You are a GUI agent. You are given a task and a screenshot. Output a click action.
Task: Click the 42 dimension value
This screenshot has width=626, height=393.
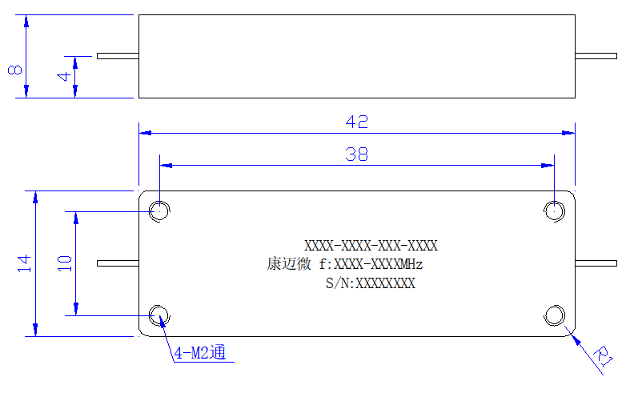tap(356, 122)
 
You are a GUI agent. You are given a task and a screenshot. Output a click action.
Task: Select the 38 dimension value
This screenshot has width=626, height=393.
tap(356, 154)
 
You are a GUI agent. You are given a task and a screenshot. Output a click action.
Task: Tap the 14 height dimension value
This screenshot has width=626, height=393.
tap(24, 263)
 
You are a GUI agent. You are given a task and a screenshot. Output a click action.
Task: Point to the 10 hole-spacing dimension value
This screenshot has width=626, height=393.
tap(65, 263)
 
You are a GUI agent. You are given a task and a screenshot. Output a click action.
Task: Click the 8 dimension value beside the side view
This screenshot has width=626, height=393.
tap(14, 70)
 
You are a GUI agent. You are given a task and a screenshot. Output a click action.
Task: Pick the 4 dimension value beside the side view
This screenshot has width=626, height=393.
tap(64, 76)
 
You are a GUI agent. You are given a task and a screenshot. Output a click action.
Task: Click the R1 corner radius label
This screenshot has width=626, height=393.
tap(603, 356)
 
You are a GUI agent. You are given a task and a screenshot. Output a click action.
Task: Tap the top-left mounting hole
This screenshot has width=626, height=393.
tap(159, 211)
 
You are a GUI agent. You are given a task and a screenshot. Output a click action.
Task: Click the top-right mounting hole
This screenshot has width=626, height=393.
tap(554, 211)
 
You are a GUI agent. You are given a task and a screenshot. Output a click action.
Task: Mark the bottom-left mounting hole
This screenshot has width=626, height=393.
tap(159, 315)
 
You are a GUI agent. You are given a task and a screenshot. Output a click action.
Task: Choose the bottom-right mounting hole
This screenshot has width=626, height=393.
tap(554, 315)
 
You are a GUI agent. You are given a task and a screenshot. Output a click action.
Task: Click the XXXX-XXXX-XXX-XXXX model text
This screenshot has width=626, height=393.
tap(371, 246)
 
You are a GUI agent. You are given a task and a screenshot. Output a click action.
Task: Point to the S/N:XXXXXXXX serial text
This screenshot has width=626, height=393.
tap(371, 283)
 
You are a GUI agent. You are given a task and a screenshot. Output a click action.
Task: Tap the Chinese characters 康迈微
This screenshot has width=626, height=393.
tap(289, 264)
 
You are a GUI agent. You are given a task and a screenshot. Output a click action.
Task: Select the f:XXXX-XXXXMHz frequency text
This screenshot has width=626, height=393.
tap(371, 264)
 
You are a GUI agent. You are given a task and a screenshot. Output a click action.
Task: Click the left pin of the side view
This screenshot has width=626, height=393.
tap(118, 56)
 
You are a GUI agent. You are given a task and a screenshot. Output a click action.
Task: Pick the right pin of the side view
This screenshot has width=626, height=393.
tap(596, 56)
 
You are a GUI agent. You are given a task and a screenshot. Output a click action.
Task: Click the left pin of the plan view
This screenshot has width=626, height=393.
tap(118, 263)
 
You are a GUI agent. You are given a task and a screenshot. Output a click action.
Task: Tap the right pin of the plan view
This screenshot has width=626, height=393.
tap(596, 263)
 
